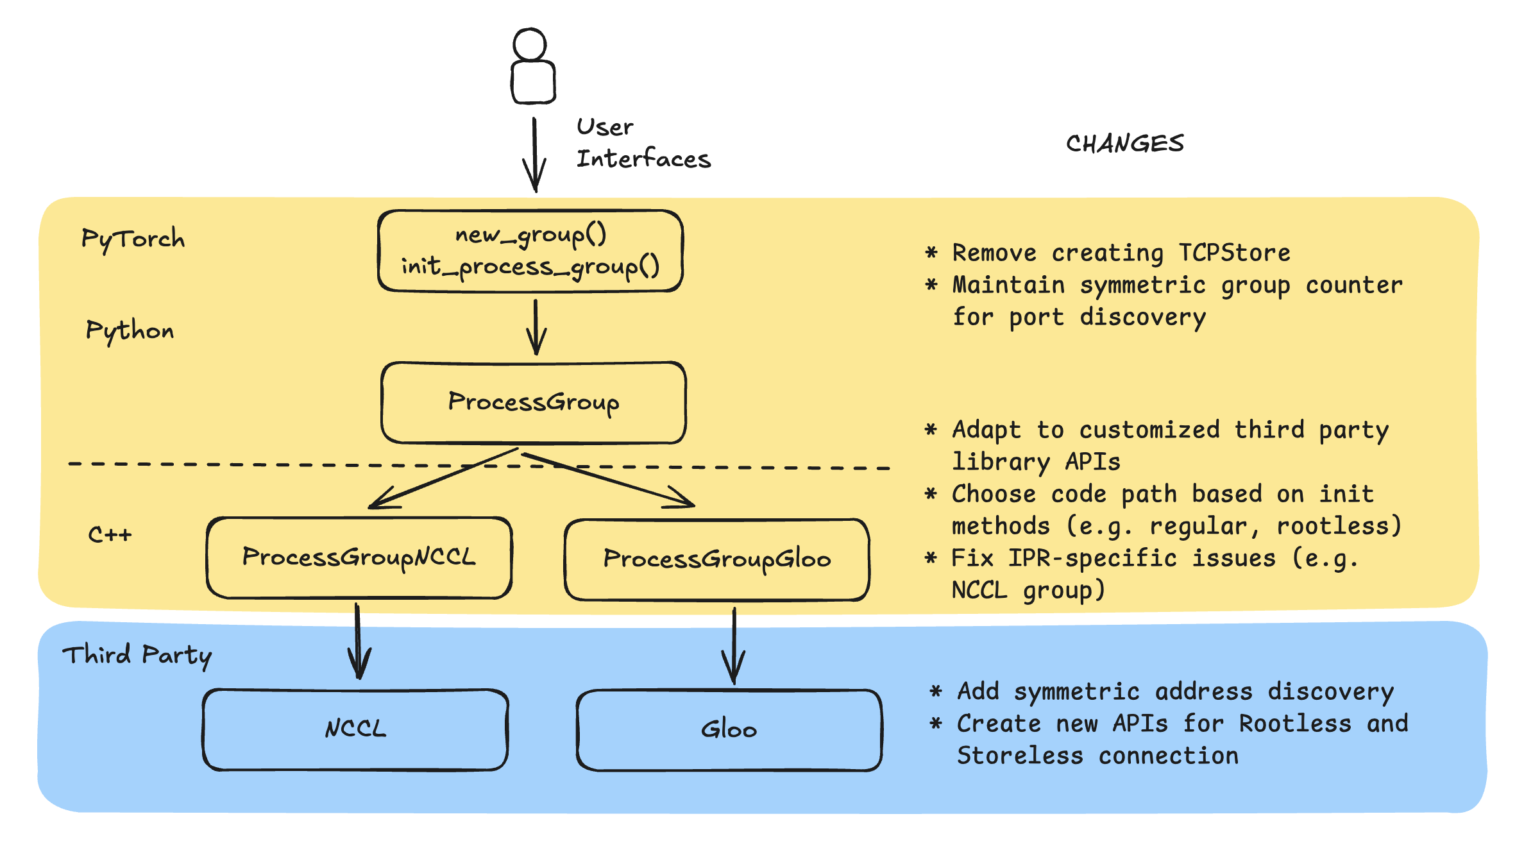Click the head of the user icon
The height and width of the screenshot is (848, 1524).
tap(530, 44)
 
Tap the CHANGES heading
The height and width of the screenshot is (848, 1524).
tap(1124, 144)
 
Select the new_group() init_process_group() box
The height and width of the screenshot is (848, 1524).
tap(530, 251)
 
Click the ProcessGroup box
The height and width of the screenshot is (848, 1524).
tap(533, 402)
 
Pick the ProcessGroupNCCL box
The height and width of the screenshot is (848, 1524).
tap(359, 557)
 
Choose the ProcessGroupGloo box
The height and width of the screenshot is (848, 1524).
tap(716, 559)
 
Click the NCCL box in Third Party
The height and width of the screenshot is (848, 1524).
tap(355, 729)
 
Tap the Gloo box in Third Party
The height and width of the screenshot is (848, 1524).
tap(729, 730)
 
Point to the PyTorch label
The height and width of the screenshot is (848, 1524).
tap(133, 239)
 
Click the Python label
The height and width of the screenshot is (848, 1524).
tap(130, 331)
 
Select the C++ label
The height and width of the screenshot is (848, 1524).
tap(110, 534)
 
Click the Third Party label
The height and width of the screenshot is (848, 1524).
tap(137, 656)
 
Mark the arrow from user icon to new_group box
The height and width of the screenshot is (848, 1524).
tap(534, 154)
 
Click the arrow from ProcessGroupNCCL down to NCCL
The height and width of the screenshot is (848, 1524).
tap(358, 641)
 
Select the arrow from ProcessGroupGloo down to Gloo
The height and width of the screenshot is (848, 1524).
tap(734, 645)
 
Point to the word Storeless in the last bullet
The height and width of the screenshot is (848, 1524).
tap(1020, 756)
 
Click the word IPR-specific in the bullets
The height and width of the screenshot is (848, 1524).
tap(1092, 558)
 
